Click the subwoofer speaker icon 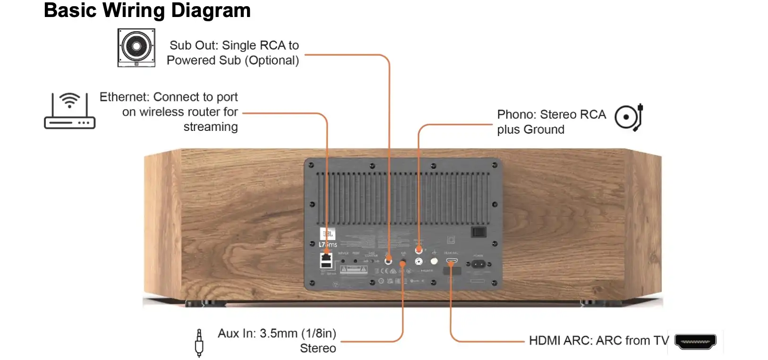coord(136,47)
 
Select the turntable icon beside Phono coord(629,117)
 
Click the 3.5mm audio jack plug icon coord(199,343)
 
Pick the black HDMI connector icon coord(695,341)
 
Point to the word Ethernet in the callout coord(124,97)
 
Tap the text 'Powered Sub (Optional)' coord(232,60)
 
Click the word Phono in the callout coord(516,114)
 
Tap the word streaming coord(210,127)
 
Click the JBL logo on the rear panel coord(327,234)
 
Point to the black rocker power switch coord(478,232)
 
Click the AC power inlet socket coord(478,264)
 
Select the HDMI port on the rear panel coord(452,260)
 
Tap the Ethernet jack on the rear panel coord(326,257)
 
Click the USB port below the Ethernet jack coord(326,265)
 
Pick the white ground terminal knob coord(434,261)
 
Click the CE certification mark coord(384,271)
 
